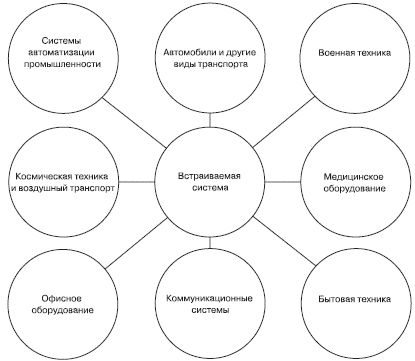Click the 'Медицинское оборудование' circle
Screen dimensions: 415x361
pyautogui.click(x=354, y=180)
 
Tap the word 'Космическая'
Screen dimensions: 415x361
pyautogui.click(x=37, y=174)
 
